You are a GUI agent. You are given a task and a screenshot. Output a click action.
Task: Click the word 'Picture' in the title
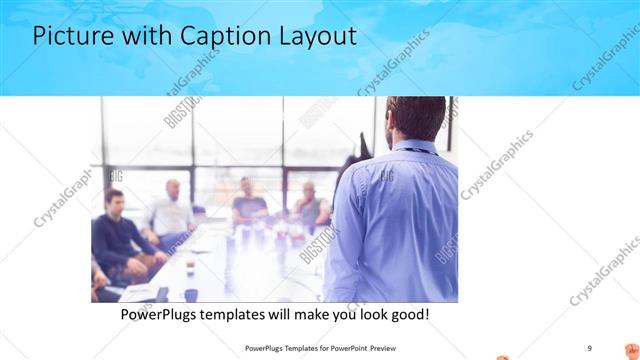click(x=75, y=37)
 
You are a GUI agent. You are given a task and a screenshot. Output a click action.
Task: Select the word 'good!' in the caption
click(x=408, y=314)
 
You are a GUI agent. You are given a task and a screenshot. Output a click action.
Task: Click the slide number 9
click(x=590, y=347)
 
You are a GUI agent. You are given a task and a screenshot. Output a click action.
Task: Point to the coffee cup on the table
click(x=190, y=294)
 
